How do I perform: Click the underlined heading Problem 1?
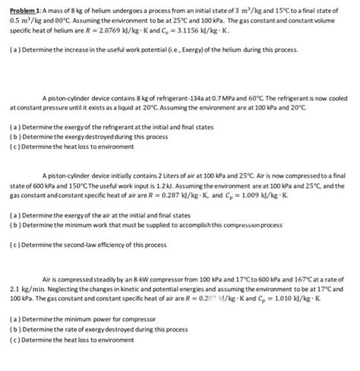pyautogui.click(x=21, y=9)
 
